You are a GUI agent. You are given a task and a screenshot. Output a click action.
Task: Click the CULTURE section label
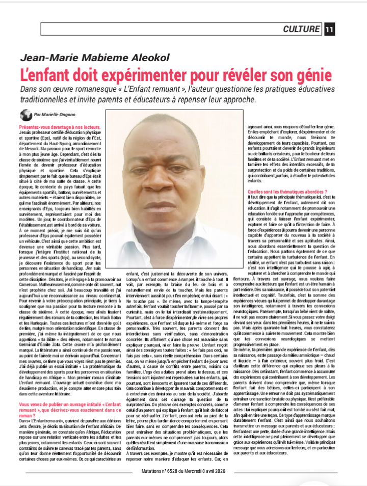click(x=302, y=30)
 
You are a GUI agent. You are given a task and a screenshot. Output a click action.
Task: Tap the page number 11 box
click(x=330, y=30)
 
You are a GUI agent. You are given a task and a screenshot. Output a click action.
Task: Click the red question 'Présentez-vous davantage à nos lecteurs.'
click(x=60, y=127)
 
